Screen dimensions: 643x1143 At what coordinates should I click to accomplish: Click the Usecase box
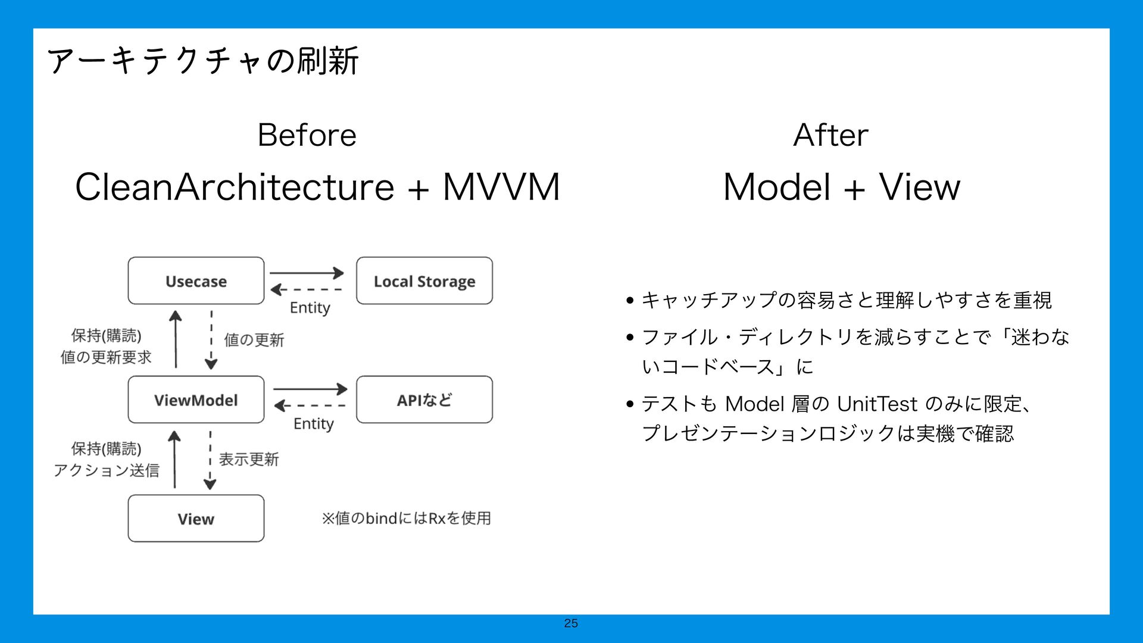click(x=196, y=281)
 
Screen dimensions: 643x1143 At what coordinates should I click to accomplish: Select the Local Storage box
click(x=424, y=281)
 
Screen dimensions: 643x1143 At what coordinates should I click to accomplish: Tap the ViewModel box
click(x=196, y=400)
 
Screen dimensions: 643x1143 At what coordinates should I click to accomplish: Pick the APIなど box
click(x=424, y=400)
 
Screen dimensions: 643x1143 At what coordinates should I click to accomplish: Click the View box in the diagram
click(x=196, y=519)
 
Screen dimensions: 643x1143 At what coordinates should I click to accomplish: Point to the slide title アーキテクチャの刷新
click(x=203, y=61)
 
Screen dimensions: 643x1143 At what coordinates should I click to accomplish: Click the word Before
click(x=307, y=135)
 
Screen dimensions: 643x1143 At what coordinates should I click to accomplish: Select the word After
click(x=830, y=135)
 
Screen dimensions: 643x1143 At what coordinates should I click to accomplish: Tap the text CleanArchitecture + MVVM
click(x=317, y=187)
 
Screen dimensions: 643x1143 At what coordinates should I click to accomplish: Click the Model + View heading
click(x=841, y=187)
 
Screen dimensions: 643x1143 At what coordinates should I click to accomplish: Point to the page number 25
click(x=571, y=623)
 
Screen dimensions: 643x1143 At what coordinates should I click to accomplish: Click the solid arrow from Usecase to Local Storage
click(x=307, y=273)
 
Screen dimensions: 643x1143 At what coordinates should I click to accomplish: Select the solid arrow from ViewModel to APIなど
click(x=310, y=389)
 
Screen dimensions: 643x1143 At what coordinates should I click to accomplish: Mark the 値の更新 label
click(x=254, y=340)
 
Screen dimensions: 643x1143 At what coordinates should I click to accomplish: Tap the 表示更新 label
click(x=249, y=459)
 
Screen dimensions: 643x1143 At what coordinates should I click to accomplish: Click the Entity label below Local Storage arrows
click(x=310, y=308)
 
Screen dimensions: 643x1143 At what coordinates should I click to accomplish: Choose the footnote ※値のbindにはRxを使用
click(x=407, y=519)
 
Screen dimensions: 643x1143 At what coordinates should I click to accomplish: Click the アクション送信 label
click(x=107, y=470)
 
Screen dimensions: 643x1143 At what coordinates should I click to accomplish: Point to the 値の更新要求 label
click(x=106, y=357)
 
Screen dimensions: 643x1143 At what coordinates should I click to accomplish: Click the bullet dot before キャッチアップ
click(x=630, y=301)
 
